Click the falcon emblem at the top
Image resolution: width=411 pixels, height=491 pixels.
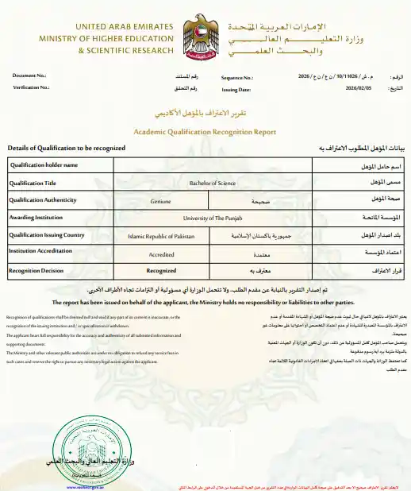click(205, 37)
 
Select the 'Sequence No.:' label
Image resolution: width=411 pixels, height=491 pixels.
click(236, 77)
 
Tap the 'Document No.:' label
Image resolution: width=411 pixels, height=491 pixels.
click(29, 76)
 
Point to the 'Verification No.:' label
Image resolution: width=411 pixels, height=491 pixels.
click(32, 87)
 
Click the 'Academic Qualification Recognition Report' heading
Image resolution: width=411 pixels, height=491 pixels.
click(205, 132)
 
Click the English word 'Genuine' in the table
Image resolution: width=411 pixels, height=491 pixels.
click(161, 201)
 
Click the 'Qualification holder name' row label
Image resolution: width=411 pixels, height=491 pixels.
click(43, 165)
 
